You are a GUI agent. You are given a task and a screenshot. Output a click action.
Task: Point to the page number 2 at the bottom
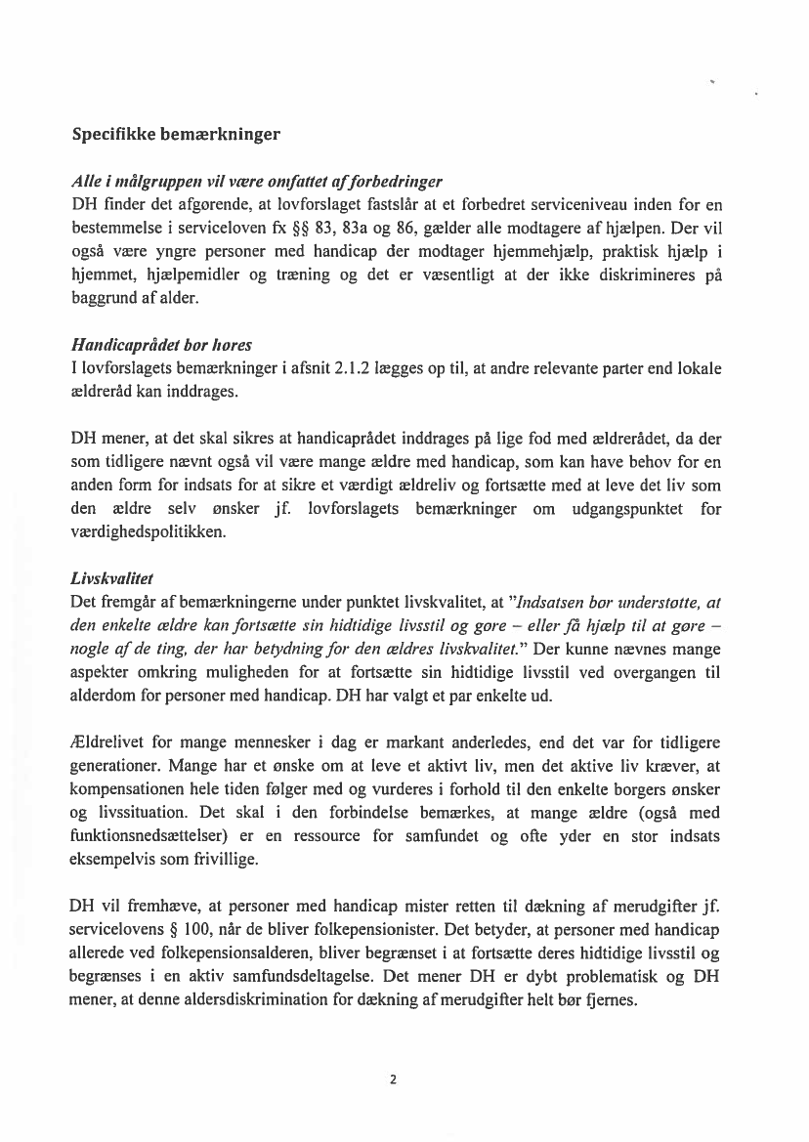[x=393, y=1079]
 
